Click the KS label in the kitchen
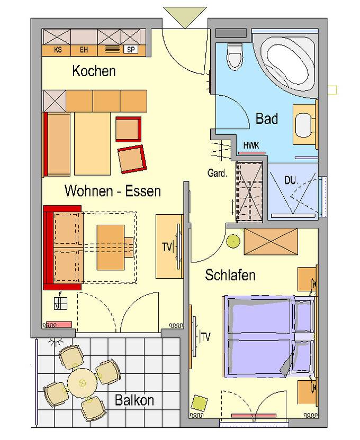coord(58,50)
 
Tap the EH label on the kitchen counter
coord(84,50)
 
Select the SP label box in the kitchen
coord(131,50)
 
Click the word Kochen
coord(94,71)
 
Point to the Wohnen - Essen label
coord(113,191)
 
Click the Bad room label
coord(267,118)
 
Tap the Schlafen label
coord(230,275)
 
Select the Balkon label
coord(134,400)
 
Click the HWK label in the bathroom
coord(251,145)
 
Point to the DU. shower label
coord(291,180)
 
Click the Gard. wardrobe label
coord(217,173)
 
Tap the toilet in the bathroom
coord(235,56)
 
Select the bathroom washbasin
coord(304,125)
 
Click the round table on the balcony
coord(82,382)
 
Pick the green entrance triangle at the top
coord(185,17)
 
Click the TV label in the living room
coord(167,247)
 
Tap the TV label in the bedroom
coord(205,337)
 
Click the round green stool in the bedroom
coord(233,241)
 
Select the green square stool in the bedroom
coord(200,402)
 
